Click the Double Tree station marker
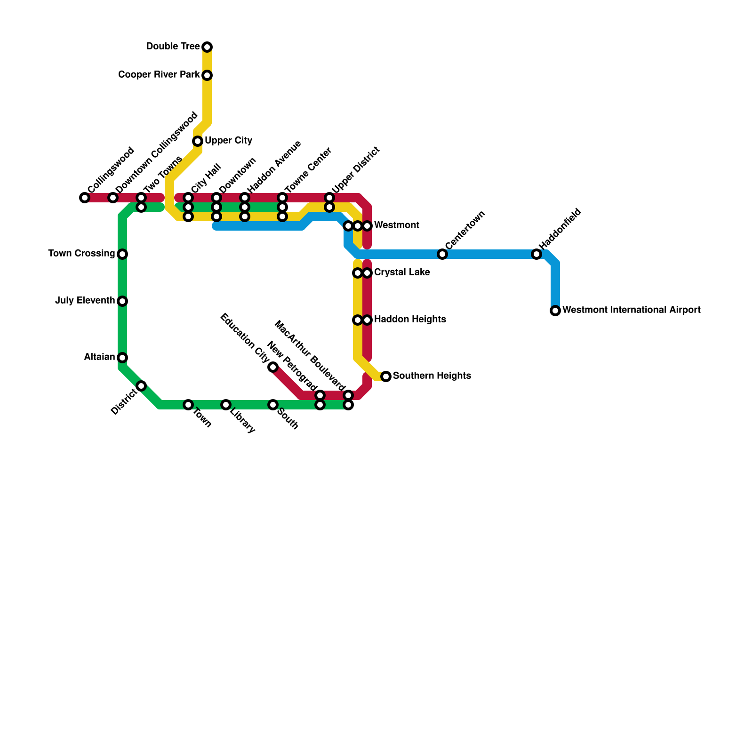[x=207, y=47]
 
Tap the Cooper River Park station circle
[x=207, y=75]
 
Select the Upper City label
[x=228, y=141]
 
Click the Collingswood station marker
[x=85, y=198]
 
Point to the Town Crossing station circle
[x=122, y=254]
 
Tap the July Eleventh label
[x=85, y=301]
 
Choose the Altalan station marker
[x=122, y=358]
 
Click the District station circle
[x=141, y=386]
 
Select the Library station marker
[x=226, y=405]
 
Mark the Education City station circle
[x=273, y=367]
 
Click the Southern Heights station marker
[x=386, y=376]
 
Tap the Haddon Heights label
[x=410, y=320]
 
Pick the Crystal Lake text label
[x=402, y=272]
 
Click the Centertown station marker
[x=442, y=254]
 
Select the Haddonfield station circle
[x=537, y=254]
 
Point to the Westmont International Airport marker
[x=555, y=311]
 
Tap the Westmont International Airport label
[x=631, y=310]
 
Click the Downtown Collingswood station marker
[x=113, y=198]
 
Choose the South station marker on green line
[x=273, y=405]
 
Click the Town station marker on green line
[x=188, y=405]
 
